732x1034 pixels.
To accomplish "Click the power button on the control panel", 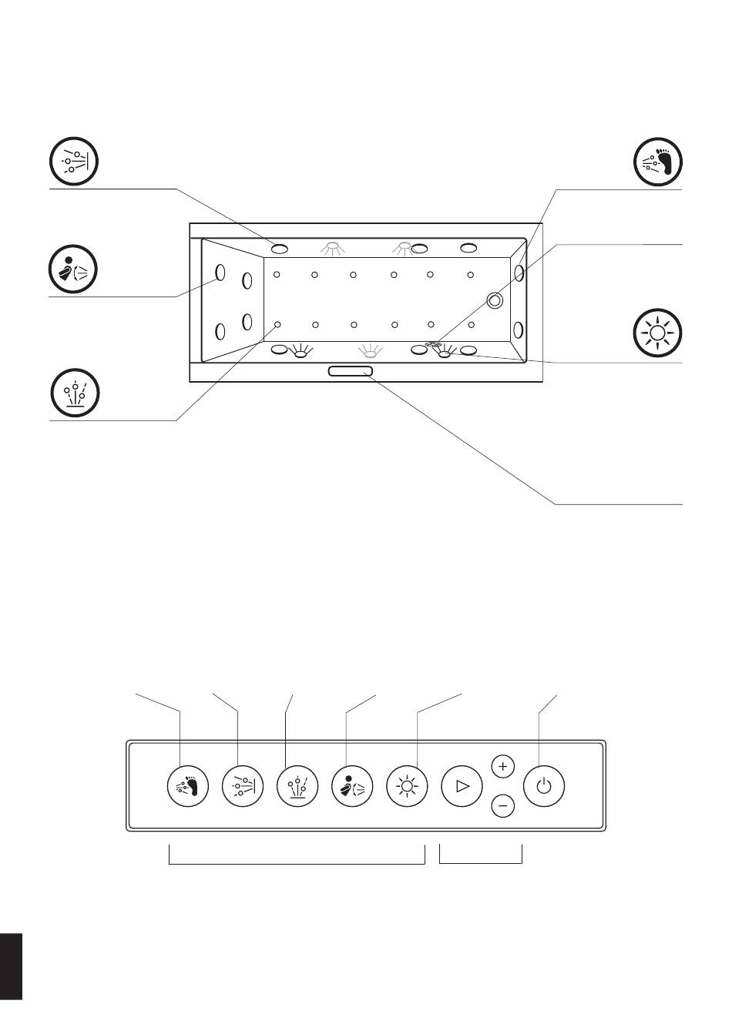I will pyautogui.click(x=544, y=786).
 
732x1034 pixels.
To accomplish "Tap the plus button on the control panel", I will pyautogui.click(x=502, y=767).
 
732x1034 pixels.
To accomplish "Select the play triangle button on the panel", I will pyautogui.click(x=462, y=786).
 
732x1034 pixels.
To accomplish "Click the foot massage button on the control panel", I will pyautogui.click(x=187, y=786).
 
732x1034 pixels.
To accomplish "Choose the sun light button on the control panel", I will pyautogui.click(x=406, y=786).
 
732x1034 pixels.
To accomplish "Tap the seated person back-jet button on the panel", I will pyautogui.click(x=351, y=786).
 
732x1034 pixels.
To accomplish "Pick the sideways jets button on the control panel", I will pyautogui.click(x=242, y=786).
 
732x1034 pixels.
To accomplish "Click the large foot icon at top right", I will pyautogui.click(x=658, y=162).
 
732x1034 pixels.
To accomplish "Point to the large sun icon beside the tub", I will pyautogui.click(x=657, y=333).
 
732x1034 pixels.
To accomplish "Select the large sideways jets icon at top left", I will pyautogui.click(x=74, y=162).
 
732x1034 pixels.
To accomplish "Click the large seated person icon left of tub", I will pyautogui.click(x=74, y=269).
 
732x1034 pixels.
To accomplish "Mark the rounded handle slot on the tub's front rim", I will pyautogui.click(x=350, y=372).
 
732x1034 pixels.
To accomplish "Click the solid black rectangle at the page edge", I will pyautogui.click(x=11, y=966).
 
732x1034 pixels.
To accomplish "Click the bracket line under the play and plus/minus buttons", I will pyautogui.click(x=481, y=862).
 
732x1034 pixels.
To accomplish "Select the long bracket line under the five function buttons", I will pyautogui.click(x=297, y=862).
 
